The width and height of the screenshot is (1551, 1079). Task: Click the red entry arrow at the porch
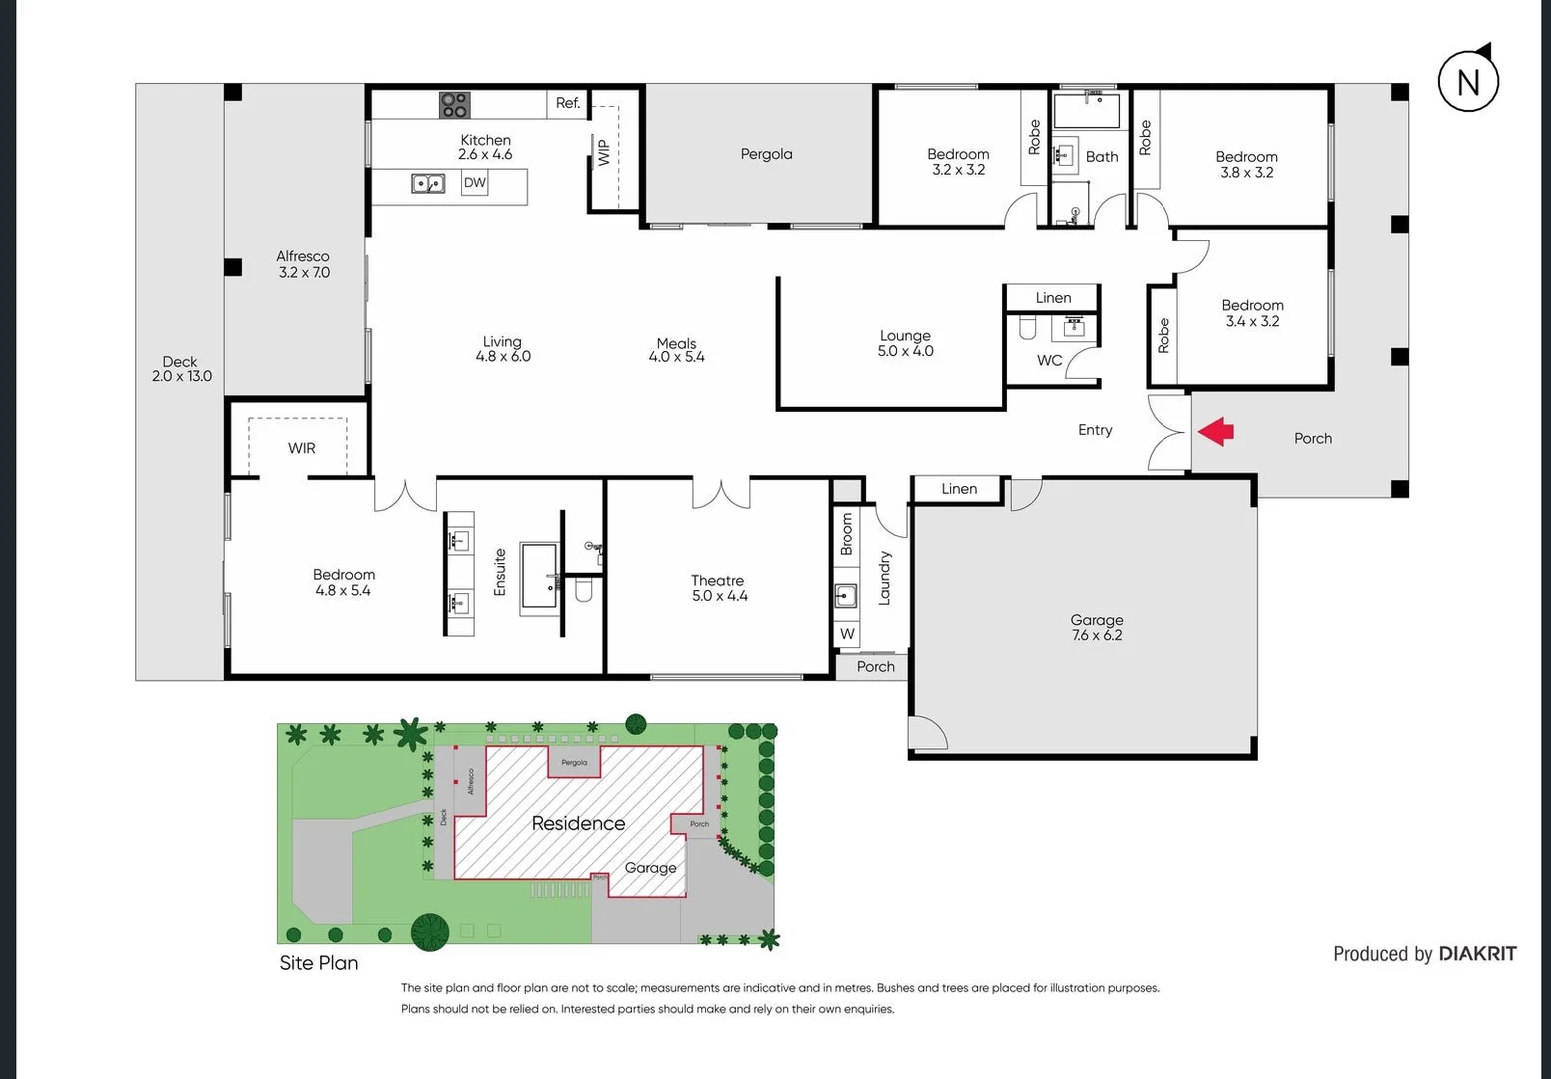(1216, 432)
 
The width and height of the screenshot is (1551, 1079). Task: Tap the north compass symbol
(1468, 81)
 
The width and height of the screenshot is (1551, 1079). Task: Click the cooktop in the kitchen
(454, 104)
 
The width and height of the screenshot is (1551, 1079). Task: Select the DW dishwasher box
(474, 183)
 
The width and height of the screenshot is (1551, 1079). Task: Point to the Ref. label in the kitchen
(567, 103)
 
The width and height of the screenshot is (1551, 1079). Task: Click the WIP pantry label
(603, 152)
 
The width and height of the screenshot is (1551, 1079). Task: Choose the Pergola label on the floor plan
(766, 154)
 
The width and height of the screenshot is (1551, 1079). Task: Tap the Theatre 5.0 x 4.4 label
(719, 588)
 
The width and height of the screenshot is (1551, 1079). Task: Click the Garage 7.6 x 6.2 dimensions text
(1096, 635)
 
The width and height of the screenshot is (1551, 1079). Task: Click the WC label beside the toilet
(1049, 360)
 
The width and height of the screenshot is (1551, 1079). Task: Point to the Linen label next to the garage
(958, 488)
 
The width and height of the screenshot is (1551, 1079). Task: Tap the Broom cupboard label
(847, 535)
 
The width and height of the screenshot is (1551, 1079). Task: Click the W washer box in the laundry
(847, 634)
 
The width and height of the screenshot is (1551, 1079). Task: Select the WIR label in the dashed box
(301, 448)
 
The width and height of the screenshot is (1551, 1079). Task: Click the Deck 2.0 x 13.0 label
(181, 369)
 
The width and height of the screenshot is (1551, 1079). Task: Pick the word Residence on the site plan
(578, 823)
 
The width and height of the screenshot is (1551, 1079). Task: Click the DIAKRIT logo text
(1477, 954)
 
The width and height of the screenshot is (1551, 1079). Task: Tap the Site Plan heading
(318, 963)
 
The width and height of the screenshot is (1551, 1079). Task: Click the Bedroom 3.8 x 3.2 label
(1246, 164)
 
